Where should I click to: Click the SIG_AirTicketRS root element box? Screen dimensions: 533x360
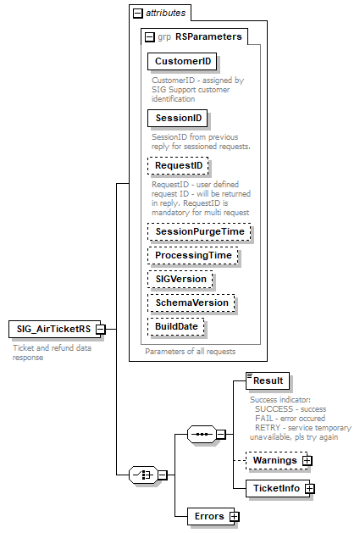click(x=51, y=329)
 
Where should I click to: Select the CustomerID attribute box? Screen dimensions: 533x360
click(x=180, y=62)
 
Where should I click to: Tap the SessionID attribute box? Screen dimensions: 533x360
click(x=177, y=118)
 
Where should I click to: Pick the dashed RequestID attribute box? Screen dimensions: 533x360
click(x=177, y=166)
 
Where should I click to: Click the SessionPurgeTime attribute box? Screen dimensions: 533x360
click(x=199, y=231)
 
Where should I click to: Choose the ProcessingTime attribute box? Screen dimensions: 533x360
click(x=192, y=255)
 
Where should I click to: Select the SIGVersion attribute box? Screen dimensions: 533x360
click(x=180, y=279)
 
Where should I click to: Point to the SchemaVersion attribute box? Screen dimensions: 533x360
click(x=191, y=303)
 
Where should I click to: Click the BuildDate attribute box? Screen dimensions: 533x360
click(x=177, y=326)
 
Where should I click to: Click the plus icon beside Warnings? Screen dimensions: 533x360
click(x=307, y=460)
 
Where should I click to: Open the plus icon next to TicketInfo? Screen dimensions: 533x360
click(x=310, y=489)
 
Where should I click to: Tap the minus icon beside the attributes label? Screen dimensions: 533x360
click(x=136, y=13)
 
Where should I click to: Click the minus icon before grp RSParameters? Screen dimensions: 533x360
click(x=150, y=36)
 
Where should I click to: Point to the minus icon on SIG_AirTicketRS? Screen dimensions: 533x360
click(x=100, y=329)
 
